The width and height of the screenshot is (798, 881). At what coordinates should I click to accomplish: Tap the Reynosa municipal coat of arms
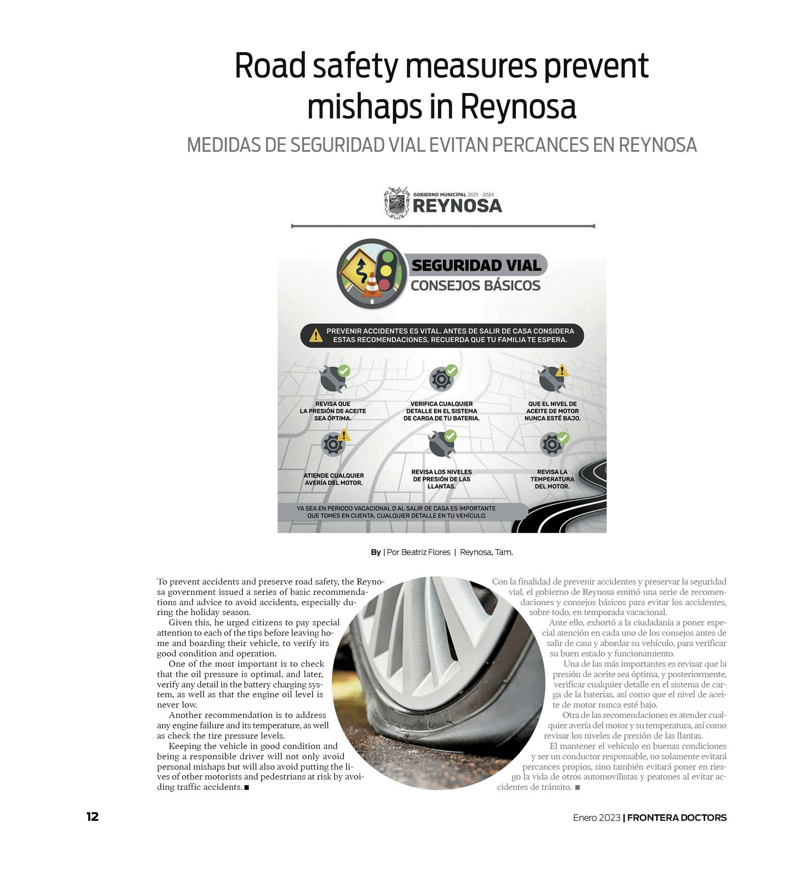[397, 203]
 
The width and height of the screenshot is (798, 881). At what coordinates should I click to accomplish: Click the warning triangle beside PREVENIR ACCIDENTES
[316, 335]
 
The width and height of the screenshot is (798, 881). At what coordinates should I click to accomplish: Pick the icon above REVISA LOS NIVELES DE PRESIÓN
[441, 443]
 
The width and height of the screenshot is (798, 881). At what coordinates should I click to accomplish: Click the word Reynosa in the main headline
[518, 107]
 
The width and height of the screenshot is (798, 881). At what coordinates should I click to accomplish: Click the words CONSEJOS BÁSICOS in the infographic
[476, 286]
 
